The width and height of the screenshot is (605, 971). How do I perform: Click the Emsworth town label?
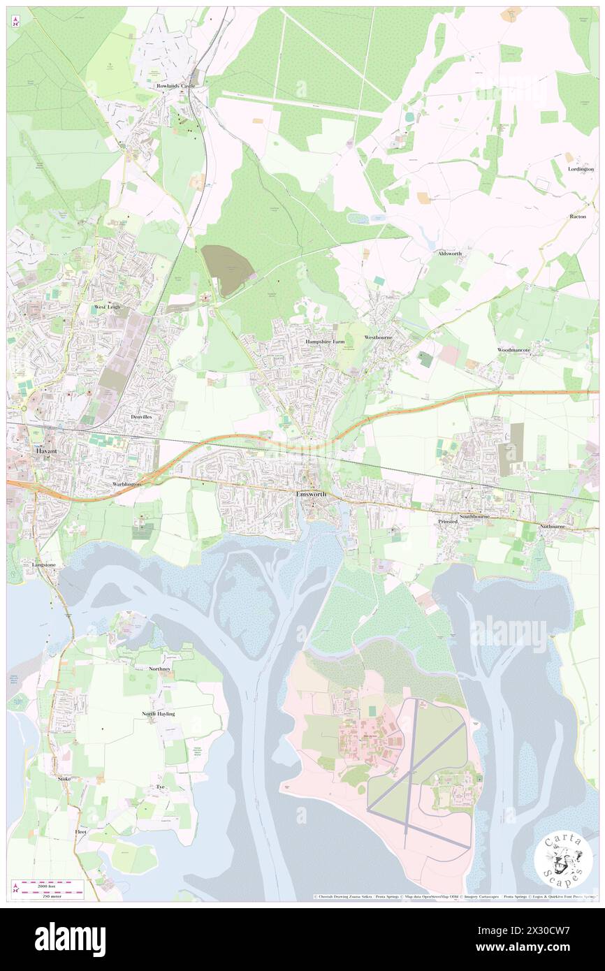pos(311,494)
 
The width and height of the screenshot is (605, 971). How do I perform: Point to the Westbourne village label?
pos(379,337)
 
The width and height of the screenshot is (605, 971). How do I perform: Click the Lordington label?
pos(581,169)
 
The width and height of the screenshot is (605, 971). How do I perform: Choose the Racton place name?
pos(577,217)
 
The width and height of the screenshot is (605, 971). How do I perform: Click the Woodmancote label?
pos(513,349)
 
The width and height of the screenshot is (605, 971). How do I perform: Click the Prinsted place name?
pos(447,521)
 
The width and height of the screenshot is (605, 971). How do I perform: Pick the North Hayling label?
pos(159,713)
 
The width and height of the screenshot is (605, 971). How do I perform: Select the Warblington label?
pos(126,483)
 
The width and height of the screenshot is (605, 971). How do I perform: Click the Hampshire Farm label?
pos(325,341)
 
